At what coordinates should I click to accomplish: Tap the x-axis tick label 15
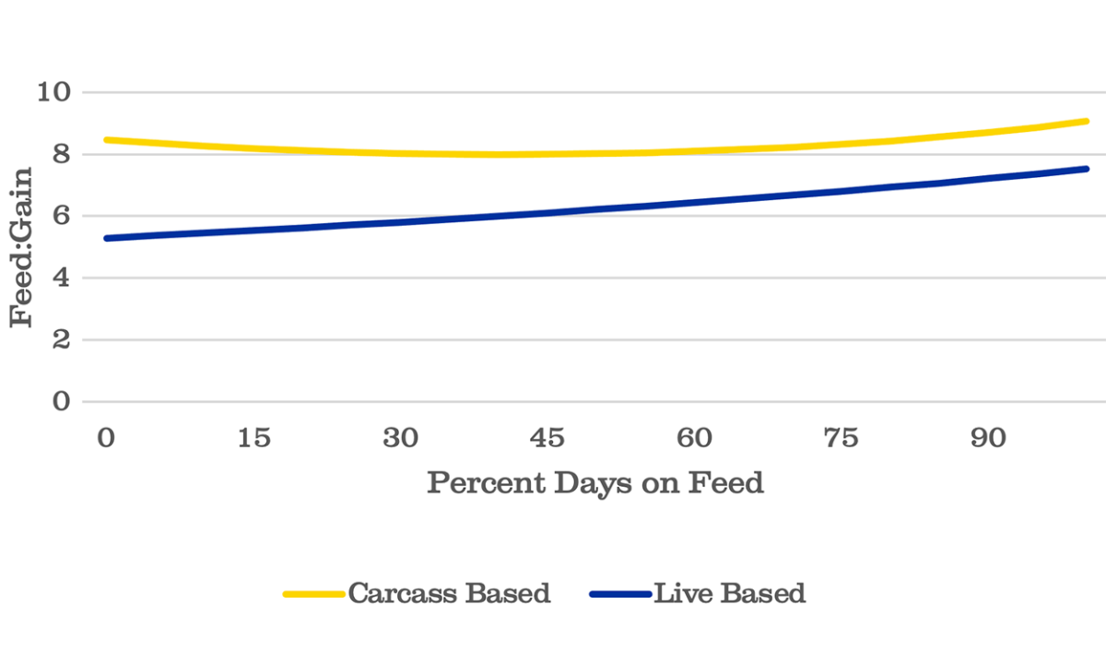pyautogui.click(x=253, y=438)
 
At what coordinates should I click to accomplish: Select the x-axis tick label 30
pyautogui.click(x=400, y=438)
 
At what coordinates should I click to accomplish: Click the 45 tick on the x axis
pyautogui.click(x=547, y=438)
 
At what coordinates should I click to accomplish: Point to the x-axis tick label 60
pyautogui.click(x=694, y=438)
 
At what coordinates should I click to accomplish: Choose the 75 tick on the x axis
pyautogui.click(x=841, y=438)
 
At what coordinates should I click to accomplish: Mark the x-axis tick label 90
pyautogui.click(x=987, y=438)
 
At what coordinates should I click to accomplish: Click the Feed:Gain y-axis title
pyautogui.click(x=22, y=246)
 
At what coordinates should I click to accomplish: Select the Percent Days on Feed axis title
pyautogui.click(x=595, y=482)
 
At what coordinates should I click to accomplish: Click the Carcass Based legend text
pyautogui.click(x=449, y=593)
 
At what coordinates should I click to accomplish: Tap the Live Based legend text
pyautogui.click(x=729, y=593)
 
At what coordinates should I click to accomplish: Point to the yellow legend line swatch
pyautogui.click(x=313, y=594)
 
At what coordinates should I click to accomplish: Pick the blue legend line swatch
pyautogui.click(x=619, y=594)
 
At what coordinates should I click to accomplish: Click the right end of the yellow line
pyautogui.click(x=1087, y=121)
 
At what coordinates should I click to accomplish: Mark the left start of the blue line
pyautogui.click(x=108, y=238)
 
